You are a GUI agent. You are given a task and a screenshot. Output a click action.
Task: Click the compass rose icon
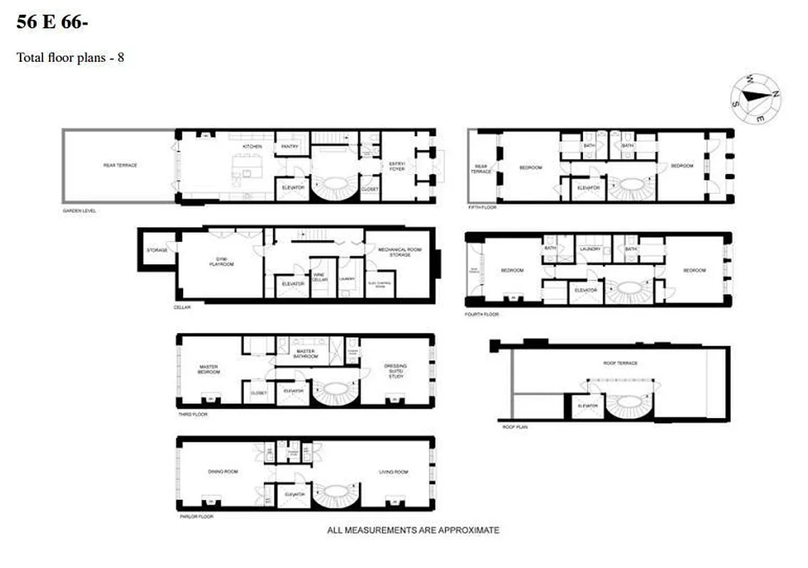pyautogui.click(x=757, y=99)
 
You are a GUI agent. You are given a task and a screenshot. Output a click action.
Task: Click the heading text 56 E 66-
pyautogui.click(x=53, y=23)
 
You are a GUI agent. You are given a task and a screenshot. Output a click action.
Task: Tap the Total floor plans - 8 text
pyautogui.click(x=70, y=58)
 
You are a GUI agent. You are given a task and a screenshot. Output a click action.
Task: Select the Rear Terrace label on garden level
pyautogui.click(x=119, y=165)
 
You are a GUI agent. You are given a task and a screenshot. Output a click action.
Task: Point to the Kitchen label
pyautogui.click(x=252, y=146)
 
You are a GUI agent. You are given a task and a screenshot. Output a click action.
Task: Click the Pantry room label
pyautogui.click(x=289, y=146)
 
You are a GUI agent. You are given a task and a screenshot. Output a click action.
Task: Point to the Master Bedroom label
pyautogui.click(x=210, y=369)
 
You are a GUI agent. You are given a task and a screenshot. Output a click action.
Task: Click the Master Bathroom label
pyautogui.click(x=306, y=353)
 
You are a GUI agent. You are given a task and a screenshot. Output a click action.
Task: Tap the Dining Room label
pyautogui.click(x=222, y=471)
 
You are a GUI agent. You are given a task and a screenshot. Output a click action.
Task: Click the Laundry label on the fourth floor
pyautogui.click(x=590, y=248)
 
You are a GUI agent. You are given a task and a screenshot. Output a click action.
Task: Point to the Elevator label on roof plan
pyautogui.click(x=588, y=406)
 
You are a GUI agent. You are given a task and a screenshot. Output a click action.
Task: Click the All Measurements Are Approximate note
pyautogui.click(x=413, y=530)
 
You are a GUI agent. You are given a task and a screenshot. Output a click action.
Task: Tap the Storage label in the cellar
pyautogui.click(x=157, y=251)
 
